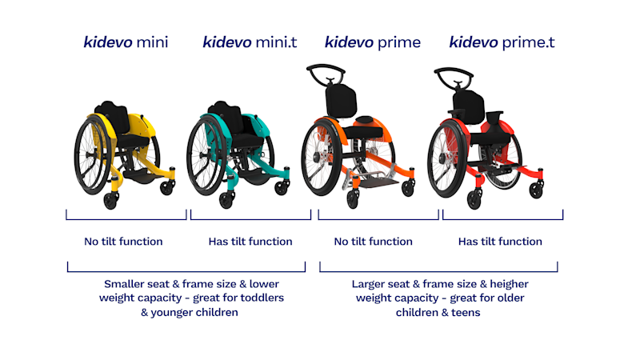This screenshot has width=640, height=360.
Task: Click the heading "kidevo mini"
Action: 126,42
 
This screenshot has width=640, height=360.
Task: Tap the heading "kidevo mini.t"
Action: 250,42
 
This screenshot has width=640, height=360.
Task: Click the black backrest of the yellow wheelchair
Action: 112,116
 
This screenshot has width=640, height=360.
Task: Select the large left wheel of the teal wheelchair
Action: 206,155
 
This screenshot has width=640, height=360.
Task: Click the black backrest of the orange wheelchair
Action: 342,102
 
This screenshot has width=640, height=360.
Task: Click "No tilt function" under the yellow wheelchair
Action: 123,242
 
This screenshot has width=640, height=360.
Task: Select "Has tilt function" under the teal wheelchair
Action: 250,242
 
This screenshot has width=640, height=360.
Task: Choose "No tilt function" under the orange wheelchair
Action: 373,242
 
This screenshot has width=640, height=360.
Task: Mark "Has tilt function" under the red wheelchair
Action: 500,242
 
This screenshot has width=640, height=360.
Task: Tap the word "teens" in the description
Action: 466,313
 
